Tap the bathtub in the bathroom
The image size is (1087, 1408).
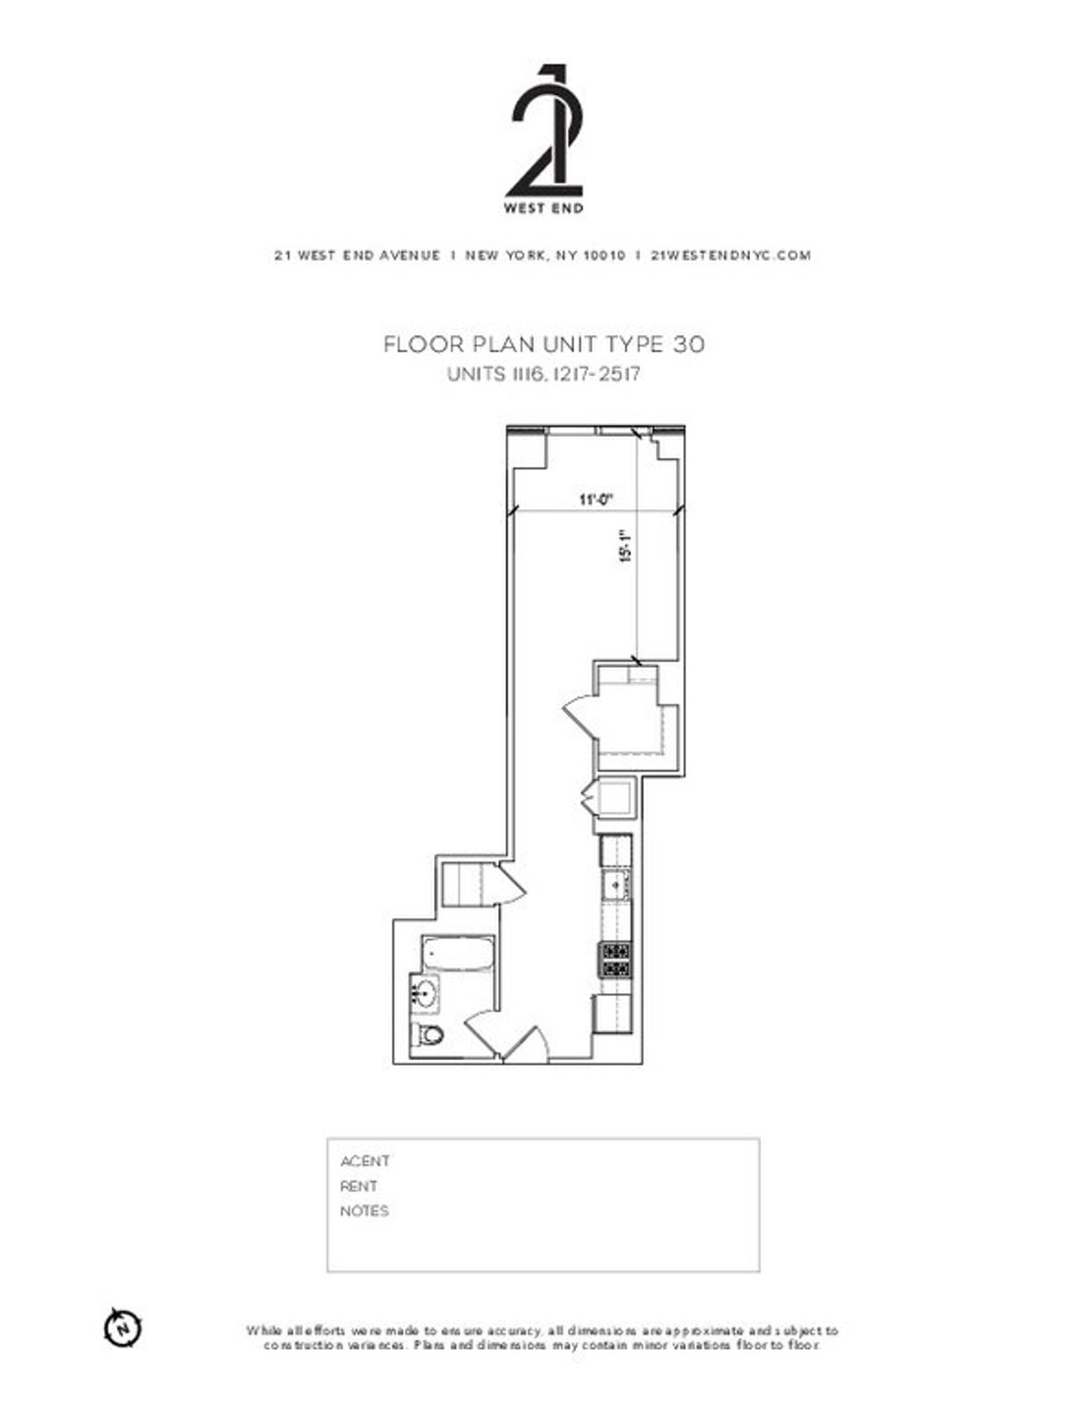pyautogui.click(x=457, y=955)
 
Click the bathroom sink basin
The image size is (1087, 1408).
pyautogui.click(x=424, y=995)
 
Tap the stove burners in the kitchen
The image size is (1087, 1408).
pyautogui.click(x=615, y=960)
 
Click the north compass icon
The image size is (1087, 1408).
pyautogui.click(x=122, y=1328)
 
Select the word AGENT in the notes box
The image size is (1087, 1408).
pyautogui.click(x=365, y=1162)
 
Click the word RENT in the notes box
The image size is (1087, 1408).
pyautogui.click(x=359, y=1186)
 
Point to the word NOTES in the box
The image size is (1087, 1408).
pyautogui.click(x=364, y=1211)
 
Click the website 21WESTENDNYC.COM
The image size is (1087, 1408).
pyautogui.click(x=731, y=256)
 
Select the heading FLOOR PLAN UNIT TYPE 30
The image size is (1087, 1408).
pyautogui.click(x=543, y=344)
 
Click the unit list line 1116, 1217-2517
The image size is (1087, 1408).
pyautogui.click(x=543, y=374)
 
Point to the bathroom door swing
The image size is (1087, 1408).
pyautogui.click(x=480, y=1033)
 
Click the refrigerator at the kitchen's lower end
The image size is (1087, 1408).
pyautogui.click(x=613, y=1015)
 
